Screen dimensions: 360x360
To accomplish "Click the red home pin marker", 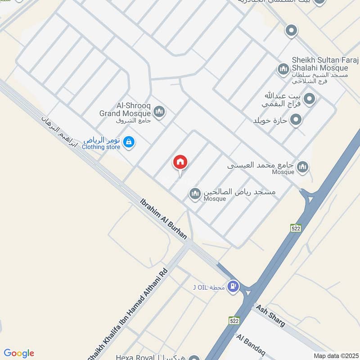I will click(x=180, y=162).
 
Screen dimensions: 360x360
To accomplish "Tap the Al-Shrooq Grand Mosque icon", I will click(x=159, y=111).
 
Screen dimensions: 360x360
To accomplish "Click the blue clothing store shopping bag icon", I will click(x=129, y=142).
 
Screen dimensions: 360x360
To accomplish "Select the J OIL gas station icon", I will click(x=233, y=285).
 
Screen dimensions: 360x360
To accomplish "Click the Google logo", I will click(x=19, y=353).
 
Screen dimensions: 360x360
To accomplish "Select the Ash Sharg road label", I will click(x=270, y=315).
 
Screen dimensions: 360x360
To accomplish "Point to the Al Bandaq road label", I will click(x=248, y=345).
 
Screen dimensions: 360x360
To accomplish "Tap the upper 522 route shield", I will click(x=295, y=228).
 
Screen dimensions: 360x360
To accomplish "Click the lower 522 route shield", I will click(x=234, y=320).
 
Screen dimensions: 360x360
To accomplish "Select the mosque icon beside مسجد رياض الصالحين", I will click(x=195, y=194).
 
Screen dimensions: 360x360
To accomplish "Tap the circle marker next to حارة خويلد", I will click(x=296, y=120).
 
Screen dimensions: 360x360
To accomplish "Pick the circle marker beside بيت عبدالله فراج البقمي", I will click(x=309, y=98).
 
